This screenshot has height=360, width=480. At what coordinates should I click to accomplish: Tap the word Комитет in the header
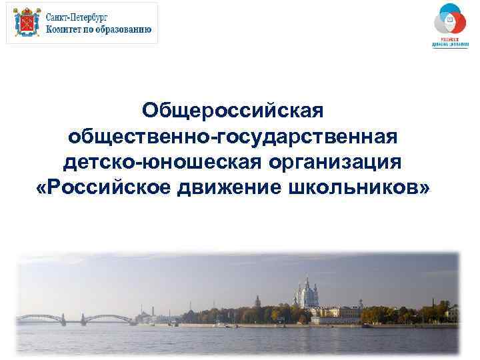[x=67, y=29]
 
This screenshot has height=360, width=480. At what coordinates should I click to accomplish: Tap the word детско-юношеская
[x=161, y=163]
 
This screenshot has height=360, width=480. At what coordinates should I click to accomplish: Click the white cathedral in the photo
[x=308, y=293]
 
